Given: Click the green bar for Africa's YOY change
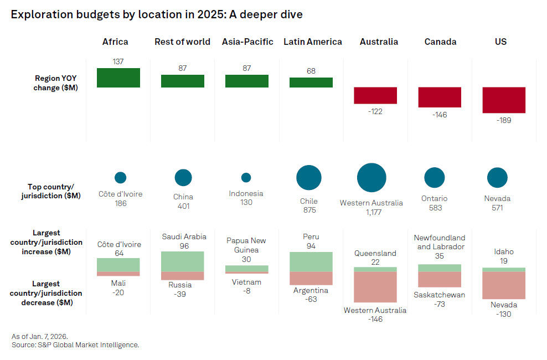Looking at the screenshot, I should (x=118, y=78).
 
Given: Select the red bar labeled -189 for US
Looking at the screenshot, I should (x=504, y=100).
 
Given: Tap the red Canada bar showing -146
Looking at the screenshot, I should (x=440, y=97).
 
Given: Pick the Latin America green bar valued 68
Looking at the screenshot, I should (x=311, y=82).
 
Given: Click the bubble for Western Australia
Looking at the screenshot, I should (x=371, y=178).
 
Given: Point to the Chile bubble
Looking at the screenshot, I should (x=309, y=178).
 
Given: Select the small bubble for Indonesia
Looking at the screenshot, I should (x=246, y=178).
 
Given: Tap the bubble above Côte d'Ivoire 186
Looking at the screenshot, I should (x=120, y=178).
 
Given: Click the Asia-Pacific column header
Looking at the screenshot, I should (x=247, y=42).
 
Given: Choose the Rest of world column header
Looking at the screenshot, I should (x=182, y=42).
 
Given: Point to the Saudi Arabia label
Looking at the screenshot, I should (x=184, y=236).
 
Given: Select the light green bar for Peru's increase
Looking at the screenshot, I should (x=311, y=261).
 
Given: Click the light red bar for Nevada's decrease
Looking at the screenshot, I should (x=504, y=285).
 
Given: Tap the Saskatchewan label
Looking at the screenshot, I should (x=440, y=295).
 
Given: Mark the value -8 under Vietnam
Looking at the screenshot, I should (x=246, y=291).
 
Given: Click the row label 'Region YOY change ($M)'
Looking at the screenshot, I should (x=56, y=83).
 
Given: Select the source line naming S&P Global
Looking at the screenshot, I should (x=75, y=345).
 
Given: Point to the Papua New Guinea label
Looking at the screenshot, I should (x=246, y=245).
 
